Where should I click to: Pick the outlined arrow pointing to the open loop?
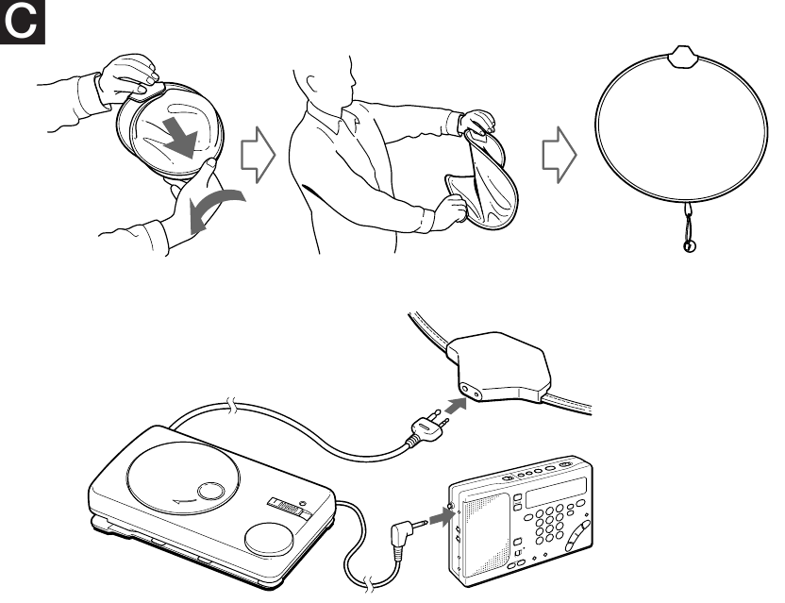coord(560,156)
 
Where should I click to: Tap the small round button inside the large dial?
coord(212,491)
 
